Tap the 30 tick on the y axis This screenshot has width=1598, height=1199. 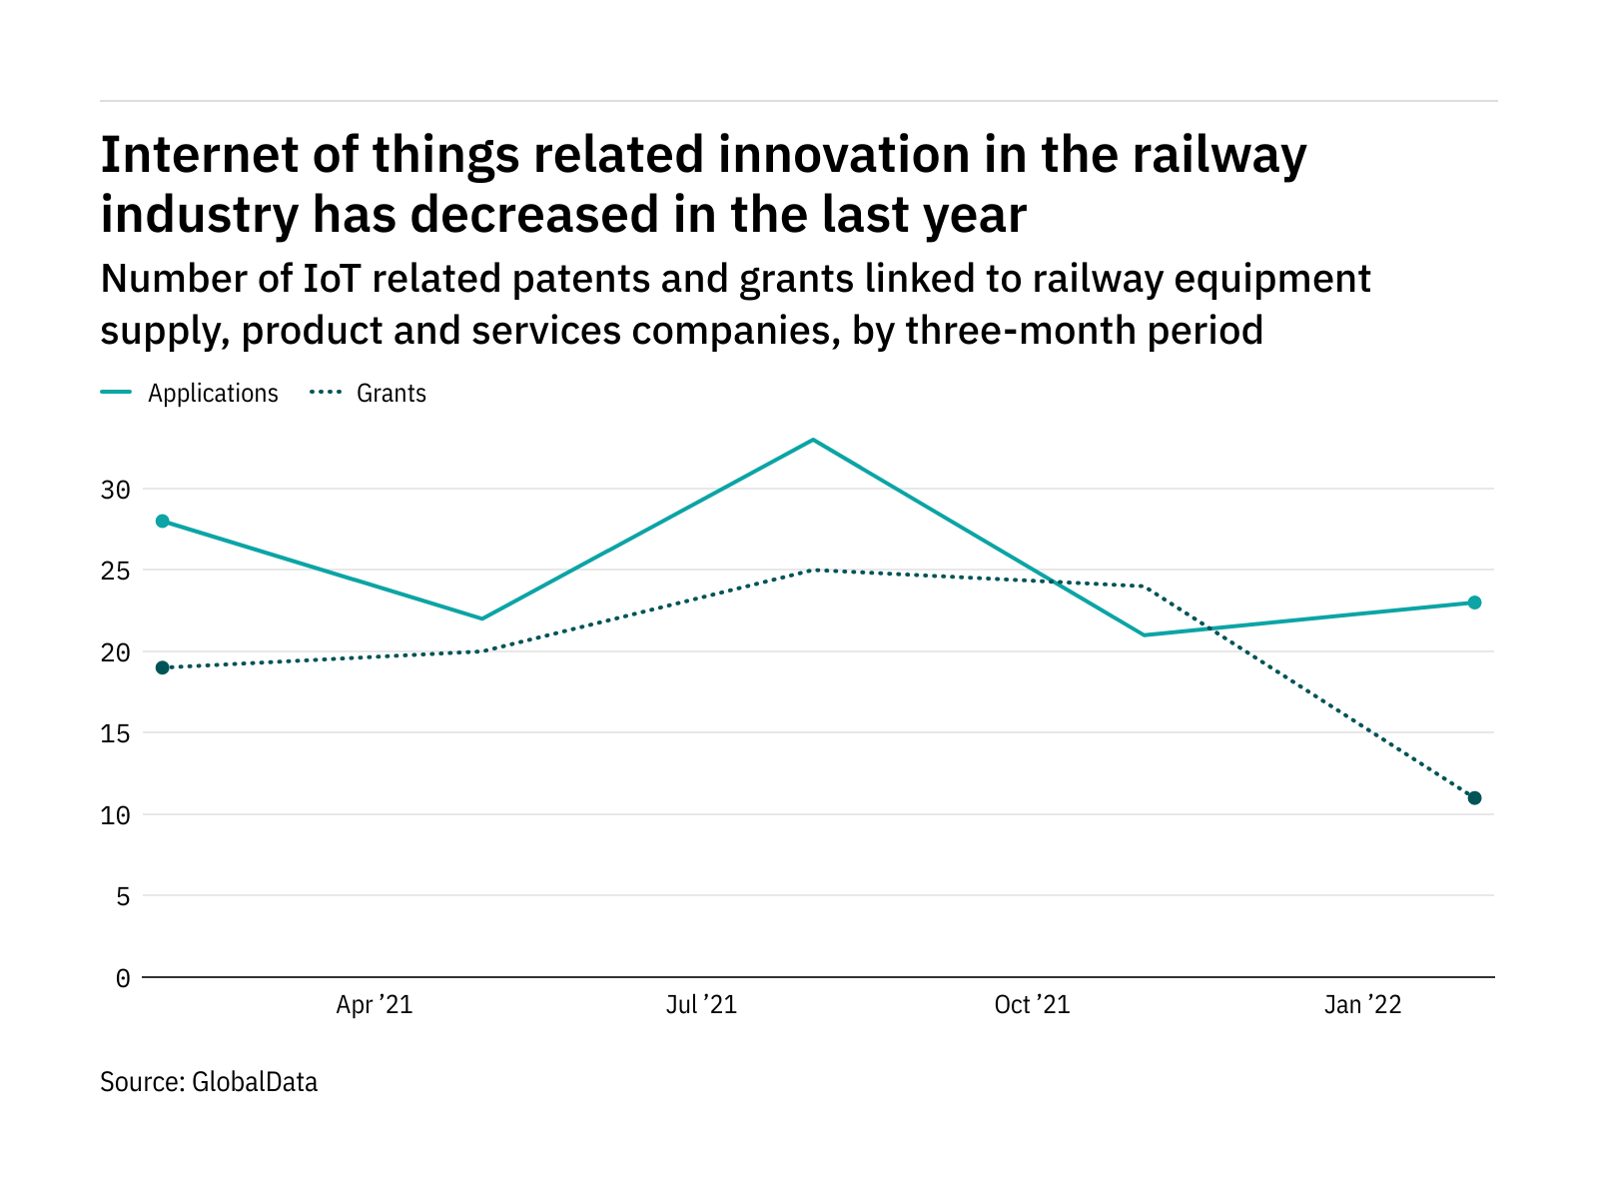tap(115, 490)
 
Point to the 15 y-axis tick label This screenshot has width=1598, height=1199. tap(115, 734)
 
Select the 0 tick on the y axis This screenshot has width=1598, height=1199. tap(122, 978)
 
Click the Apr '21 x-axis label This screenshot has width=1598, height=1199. tap(374, 1005)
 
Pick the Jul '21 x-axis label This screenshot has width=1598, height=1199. tap(701, 1005)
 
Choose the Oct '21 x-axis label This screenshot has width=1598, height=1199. tap(1032, 1005)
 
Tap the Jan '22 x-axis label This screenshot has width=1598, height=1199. tap(1362, 1005)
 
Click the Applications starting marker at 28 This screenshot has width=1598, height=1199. tap(163, 521)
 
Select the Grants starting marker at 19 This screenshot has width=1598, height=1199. tap(163, 667)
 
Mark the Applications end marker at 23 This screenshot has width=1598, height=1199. tap(1474, 602)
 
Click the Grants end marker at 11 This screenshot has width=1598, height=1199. tap(1474, 797)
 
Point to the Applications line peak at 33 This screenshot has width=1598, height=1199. tap(814, 440)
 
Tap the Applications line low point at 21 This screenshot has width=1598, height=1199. tap(1145, 634)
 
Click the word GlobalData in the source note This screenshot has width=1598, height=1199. tap(254, 1082)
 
